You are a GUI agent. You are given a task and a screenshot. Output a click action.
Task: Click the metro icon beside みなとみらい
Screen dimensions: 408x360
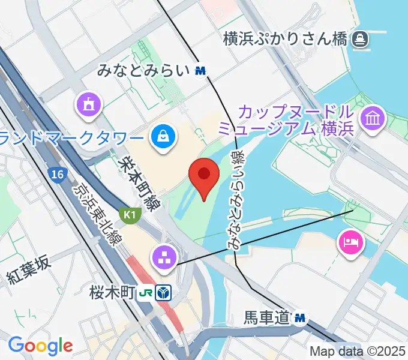[x=200, y=71]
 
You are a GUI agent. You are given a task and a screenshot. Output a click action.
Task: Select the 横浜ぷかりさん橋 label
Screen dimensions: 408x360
[x=285, y=40]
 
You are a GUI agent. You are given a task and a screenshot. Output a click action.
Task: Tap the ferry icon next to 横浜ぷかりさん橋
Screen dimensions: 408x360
[x=361, y=40]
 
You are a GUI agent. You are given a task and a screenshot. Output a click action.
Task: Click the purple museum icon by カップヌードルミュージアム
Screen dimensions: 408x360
[x=373, y=117]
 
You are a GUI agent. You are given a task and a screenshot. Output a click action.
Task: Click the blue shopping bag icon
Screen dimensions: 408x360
[x=162, y=136]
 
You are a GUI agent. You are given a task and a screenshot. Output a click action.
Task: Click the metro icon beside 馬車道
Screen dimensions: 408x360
[x=300, y=316]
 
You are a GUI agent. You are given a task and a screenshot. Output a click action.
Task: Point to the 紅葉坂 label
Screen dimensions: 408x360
[x=29, y=269]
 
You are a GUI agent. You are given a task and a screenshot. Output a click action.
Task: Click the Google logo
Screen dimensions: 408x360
[x=40, y=346]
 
